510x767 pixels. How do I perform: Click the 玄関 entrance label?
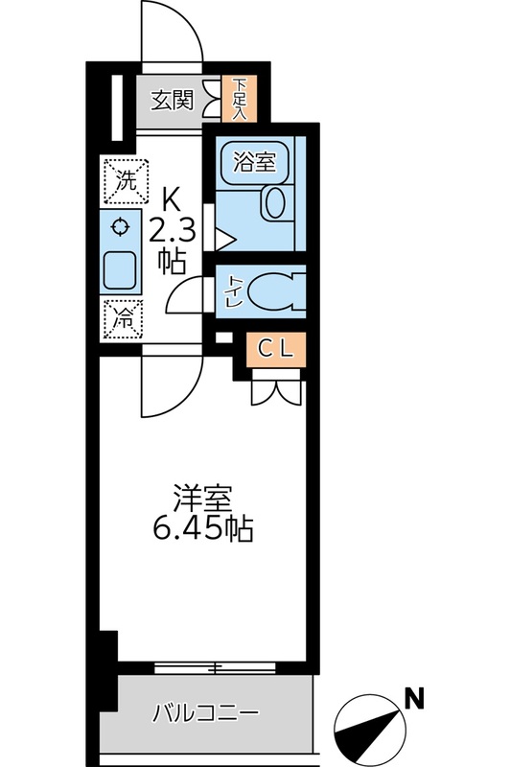173,101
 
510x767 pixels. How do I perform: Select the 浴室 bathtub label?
254,162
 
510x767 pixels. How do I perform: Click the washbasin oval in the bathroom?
275,202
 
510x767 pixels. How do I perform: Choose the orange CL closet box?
275,349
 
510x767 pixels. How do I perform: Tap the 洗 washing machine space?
126,181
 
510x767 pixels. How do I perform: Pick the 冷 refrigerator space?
123,319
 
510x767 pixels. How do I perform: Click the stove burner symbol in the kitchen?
120,227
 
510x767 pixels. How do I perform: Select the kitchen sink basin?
120,270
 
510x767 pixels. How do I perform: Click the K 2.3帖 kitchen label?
173,231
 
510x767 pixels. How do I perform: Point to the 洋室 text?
202,498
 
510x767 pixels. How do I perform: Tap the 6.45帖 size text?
203,528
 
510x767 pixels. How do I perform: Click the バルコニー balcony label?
205,713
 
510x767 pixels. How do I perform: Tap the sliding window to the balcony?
215,667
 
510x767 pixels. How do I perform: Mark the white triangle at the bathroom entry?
225,239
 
